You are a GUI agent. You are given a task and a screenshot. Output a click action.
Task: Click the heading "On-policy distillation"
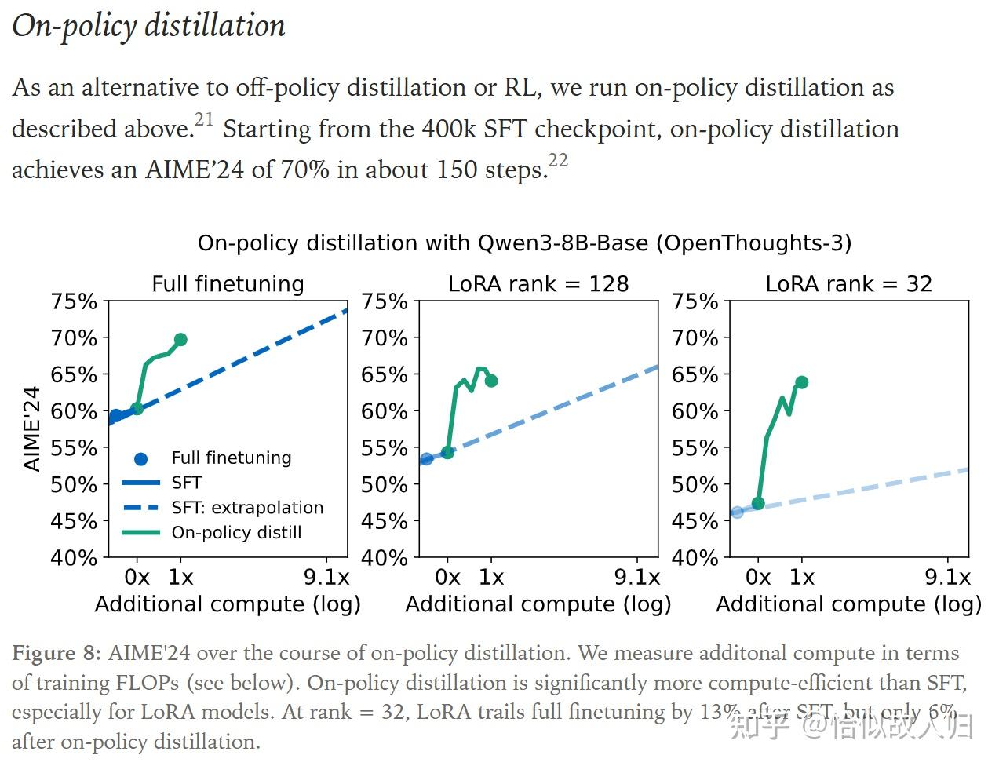(x=148, y=26)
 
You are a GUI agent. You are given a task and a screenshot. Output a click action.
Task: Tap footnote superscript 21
(x=204, y=119)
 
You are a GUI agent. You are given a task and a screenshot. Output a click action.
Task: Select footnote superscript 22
(x=557, y=160)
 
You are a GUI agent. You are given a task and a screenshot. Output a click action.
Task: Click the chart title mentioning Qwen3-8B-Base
(x=524, y=243)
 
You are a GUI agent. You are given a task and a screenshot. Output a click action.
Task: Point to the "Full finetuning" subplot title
(x=228, y=283)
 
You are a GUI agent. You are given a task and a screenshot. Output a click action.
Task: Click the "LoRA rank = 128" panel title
(x=538, y=283)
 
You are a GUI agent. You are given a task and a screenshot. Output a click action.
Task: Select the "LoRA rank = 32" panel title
(x=848, y=283)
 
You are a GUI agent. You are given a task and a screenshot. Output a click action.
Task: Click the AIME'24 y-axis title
(x=31, y=429)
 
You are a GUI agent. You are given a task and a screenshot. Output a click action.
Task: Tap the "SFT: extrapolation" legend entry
(x=247, y=508)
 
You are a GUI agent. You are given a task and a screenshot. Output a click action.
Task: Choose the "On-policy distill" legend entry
(x=236, y=532)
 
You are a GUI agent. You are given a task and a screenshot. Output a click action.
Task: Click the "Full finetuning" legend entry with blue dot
(x=231, y=458)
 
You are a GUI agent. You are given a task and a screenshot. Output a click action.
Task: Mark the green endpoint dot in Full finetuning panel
(x=180, y=340)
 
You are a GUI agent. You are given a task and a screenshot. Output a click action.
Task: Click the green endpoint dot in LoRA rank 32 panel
(x=802, y=382)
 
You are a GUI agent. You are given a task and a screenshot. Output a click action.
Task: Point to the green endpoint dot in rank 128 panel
(x=491, y=381)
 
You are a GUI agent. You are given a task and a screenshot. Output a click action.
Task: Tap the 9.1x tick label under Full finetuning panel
(x=326, y=578)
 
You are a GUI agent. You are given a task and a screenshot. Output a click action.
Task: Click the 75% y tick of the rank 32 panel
(x=695, y=301)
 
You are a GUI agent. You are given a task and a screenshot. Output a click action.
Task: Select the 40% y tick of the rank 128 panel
(x=385, y=557)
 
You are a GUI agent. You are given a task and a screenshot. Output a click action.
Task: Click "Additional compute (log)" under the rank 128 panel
(x=538, y=604)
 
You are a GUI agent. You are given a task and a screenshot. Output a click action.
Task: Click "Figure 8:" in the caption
(x=57, y=654)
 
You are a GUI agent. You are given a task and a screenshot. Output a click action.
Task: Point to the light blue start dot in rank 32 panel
(x=737, y=512)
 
